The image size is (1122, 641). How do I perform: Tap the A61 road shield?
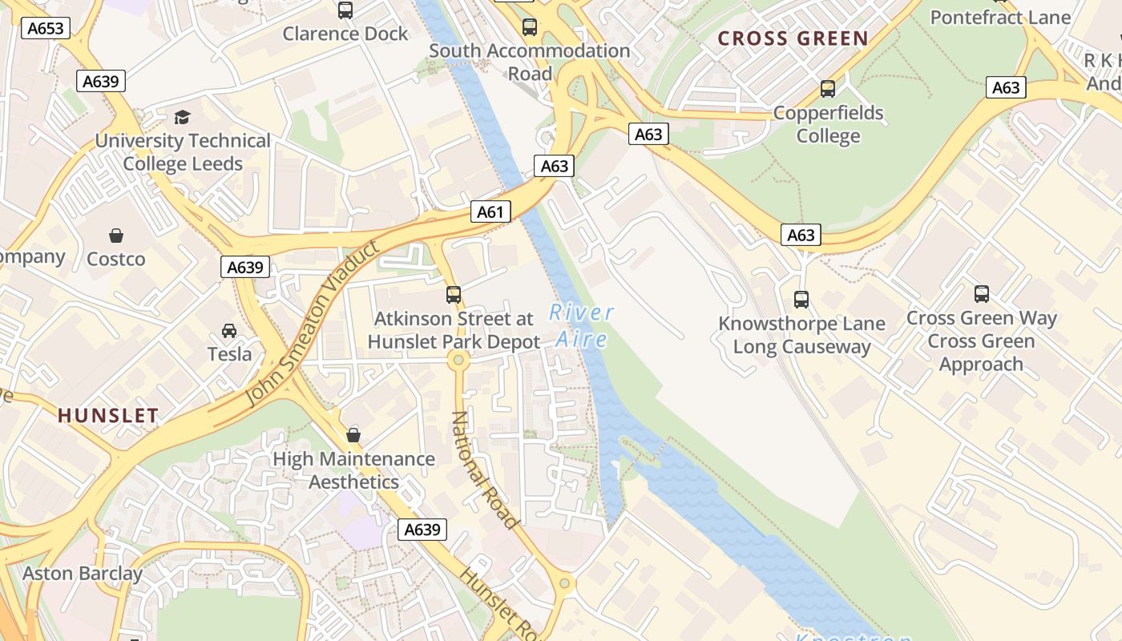point(490,212)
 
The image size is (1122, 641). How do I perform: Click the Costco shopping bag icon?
point(116,236)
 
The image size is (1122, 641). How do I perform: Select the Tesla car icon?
point(229,330)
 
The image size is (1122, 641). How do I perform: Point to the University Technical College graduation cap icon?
point(183,117)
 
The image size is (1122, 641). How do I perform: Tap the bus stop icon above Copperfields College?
point(828,89)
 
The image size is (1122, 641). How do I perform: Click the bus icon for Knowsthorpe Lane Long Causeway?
point(801,300)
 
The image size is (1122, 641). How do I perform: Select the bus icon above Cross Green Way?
point(982,294)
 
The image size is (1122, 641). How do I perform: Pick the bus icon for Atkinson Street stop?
point(454,295)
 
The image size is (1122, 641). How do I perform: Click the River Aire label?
point(582,325)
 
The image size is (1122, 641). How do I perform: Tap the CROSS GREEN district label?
point(793,38)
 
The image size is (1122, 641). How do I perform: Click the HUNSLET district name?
point(108,415)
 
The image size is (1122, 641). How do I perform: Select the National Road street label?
point(483,470)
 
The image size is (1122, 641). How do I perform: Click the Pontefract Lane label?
point(1000,18)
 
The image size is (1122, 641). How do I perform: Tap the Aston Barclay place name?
point(82,574)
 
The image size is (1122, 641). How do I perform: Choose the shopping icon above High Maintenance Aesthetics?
point(353,435)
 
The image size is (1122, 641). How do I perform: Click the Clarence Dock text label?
point(345,34)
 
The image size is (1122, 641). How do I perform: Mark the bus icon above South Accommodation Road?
point(530,27)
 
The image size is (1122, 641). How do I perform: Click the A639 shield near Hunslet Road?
point(422,530)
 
